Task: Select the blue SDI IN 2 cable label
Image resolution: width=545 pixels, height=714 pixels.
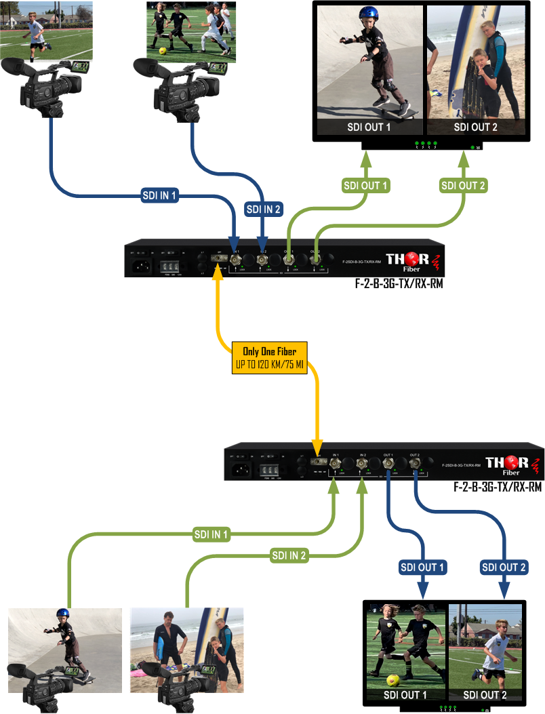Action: point(262,209)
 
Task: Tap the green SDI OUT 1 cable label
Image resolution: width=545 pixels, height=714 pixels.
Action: point(366,185)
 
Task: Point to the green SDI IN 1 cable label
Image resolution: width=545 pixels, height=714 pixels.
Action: point(211,535)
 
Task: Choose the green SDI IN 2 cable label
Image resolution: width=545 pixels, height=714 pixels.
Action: point(289,556)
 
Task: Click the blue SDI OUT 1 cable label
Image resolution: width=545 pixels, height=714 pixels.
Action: point(423,567)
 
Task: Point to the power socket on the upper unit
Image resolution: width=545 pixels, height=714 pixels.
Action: point(143,262)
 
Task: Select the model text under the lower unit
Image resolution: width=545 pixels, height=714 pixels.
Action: point(498,486)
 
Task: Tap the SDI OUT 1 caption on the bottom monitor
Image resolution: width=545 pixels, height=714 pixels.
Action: point(405,695)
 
